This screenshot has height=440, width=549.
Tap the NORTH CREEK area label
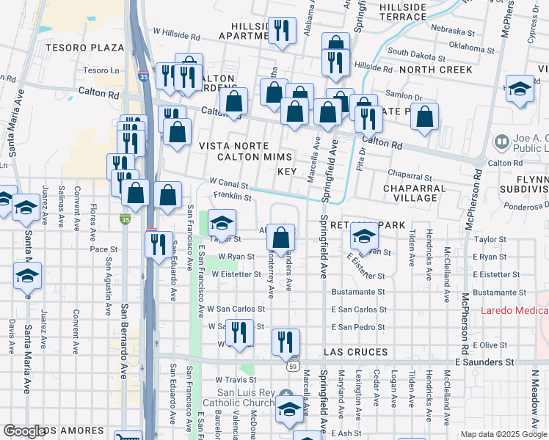click(x=436, y=70)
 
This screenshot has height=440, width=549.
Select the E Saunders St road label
click(x=484, y=362)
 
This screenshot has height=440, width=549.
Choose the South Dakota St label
click(x=418, y=52)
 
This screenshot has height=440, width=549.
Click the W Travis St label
click(x=234, y=380)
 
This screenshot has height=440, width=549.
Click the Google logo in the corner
click(x=23, y=431)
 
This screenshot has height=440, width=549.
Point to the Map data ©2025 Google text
click(x=503, y=434)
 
